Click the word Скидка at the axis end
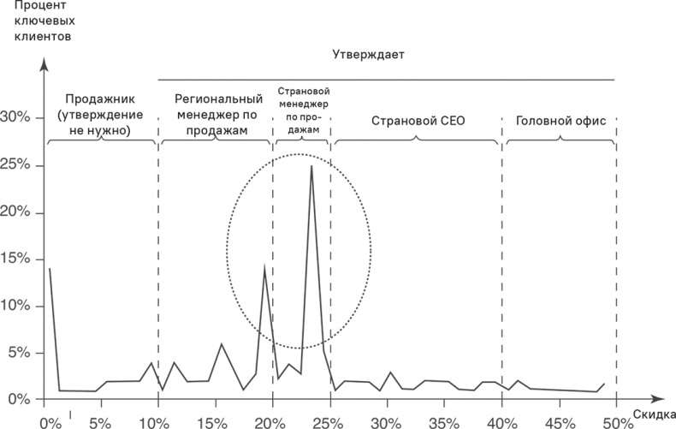[x=654, y=414]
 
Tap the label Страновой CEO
[x=418, y=121]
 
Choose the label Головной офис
[x=560, y=121]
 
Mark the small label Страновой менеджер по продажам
[x=303, y=110]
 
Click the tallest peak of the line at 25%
[x=311, y=166]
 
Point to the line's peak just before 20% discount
[x=264, y=268]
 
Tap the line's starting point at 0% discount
[x=50, y=269]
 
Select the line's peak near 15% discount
[x=221, y=344]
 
